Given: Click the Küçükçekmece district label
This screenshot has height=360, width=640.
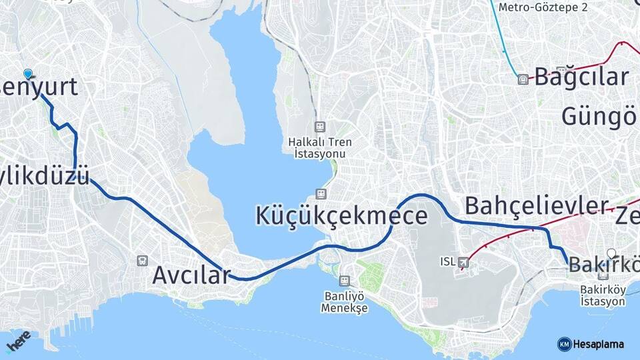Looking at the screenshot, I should pos(341,216).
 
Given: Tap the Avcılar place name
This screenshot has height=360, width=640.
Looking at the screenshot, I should pos(191,275).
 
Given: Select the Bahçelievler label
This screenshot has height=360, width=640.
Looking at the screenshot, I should pos(537,205).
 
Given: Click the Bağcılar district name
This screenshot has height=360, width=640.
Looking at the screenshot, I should pos(581,77).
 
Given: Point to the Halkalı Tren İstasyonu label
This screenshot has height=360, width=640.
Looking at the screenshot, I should pos(320,147).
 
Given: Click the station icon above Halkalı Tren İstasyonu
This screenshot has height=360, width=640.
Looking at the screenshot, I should pos(320,127).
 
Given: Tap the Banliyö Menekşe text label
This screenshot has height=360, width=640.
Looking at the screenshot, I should pos(344,303).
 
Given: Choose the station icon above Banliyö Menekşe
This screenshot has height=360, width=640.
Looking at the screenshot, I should pos(344,281).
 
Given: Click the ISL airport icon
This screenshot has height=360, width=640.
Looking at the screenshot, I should pos(463,263).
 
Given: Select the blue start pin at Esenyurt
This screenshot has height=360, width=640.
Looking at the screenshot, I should pos(27,73).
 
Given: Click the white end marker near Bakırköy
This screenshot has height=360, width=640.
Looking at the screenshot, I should pos(611,253).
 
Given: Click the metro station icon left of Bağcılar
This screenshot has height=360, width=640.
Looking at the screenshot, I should pos(523,79).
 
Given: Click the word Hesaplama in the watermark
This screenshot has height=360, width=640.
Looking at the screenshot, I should pos(599,344).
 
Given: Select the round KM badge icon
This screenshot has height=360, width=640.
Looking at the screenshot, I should pos(564,344).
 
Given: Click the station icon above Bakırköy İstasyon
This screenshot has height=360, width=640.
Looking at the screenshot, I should pos(603,274).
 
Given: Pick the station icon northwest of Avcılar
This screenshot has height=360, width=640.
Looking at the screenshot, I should pos(141,261).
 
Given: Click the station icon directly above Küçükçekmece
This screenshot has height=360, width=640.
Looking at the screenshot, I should pos(321,194).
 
